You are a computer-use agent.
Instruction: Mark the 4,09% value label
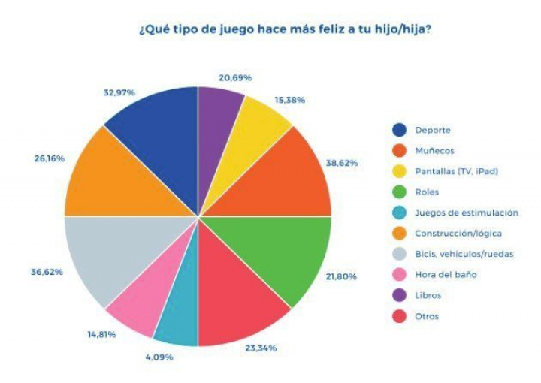pyautogui.click(x=159, y=356)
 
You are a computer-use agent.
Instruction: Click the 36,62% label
pyautogui.click(x=47, y=271)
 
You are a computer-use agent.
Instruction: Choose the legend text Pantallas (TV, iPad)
pyautogui.click(x=457, y=171)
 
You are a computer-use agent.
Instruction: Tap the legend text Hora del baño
pyautogui.click(x=446, y=274)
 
